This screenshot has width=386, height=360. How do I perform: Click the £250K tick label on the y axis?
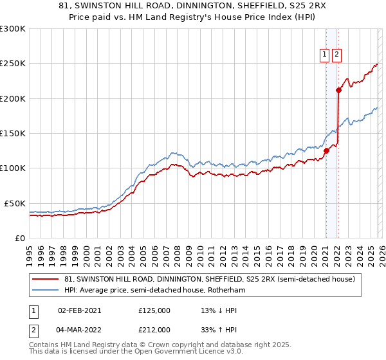point(13,64)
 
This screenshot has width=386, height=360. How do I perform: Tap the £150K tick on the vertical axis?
point(13,133)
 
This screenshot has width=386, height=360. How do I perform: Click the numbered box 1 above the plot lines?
point(326,55)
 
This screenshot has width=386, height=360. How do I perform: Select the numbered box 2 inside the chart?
point(337,55)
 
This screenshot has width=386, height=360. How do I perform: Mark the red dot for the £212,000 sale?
point(338,91)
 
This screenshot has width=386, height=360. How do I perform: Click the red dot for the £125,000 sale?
point(326,151)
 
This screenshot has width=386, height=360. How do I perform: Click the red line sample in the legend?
point(46,280)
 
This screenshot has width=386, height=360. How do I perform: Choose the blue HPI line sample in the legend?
point(46,291)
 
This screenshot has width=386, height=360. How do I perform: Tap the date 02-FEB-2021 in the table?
point(80,310)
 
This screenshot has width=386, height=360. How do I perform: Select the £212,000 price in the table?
point(154,330)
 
